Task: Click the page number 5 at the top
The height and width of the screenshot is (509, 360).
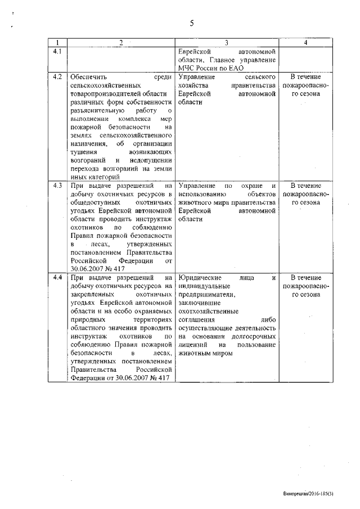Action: point(191,23)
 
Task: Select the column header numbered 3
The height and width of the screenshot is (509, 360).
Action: point(226,43)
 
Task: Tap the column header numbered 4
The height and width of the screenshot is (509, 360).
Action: point(305,43)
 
